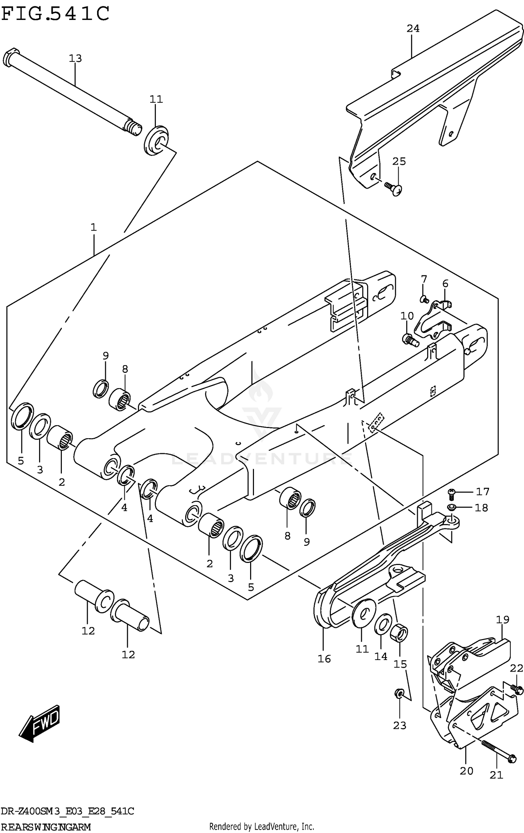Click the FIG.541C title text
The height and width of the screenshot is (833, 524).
55,14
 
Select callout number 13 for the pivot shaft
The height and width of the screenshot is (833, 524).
75,58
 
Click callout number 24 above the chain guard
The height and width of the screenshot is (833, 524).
413,28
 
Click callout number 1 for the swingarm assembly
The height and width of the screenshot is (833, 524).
93,227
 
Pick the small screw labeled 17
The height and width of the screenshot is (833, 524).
451,492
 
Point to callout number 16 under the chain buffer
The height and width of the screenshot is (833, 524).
324,659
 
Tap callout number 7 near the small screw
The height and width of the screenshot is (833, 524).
424,279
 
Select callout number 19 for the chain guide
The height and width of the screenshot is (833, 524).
503,620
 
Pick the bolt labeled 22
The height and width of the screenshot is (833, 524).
517,689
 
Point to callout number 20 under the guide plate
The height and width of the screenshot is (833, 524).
466,770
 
